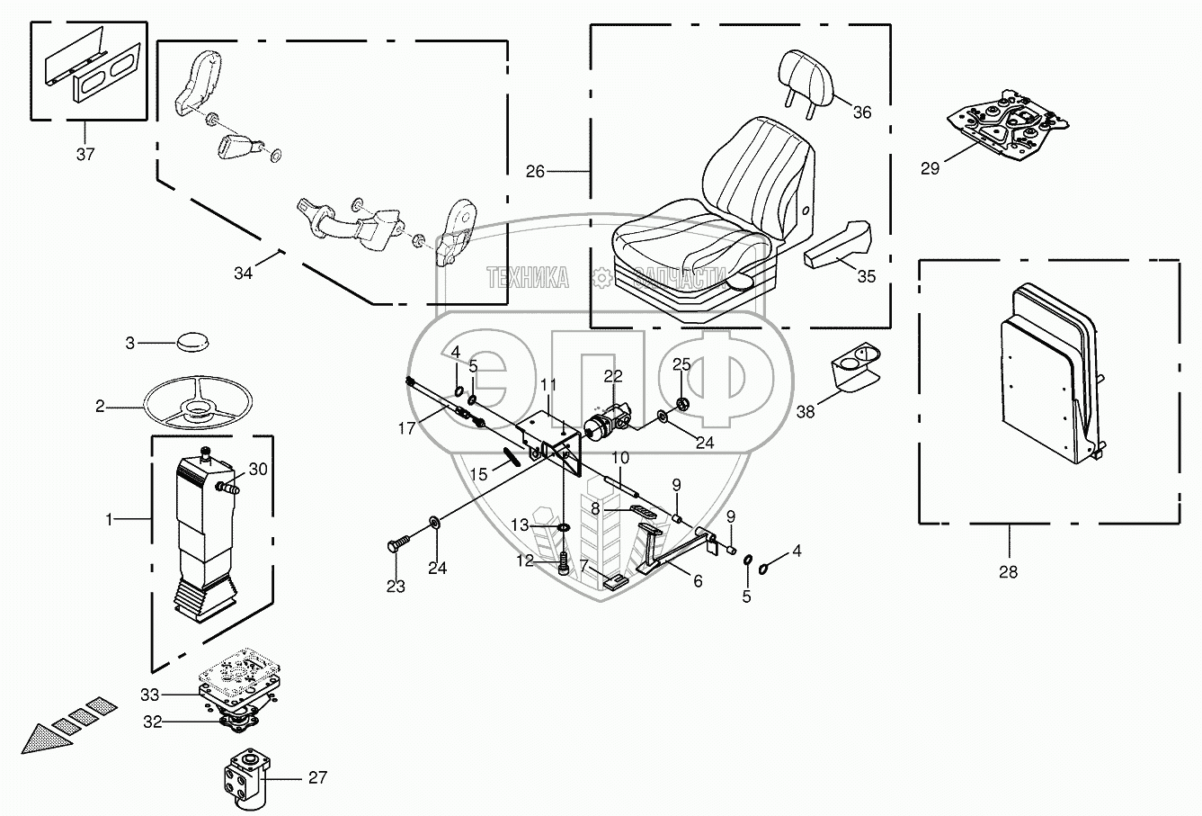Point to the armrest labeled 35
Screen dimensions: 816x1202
(x=836, y=246)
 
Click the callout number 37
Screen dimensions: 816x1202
(x=85, y=154)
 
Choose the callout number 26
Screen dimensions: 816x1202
(x=536, y=171)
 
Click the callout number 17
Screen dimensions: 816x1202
(x=407, y=429)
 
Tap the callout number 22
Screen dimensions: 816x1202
(x=612, y=375)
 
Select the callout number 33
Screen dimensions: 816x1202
(x=150, y=694)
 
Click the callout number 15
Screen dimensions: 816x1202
(x=479, y=473)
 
